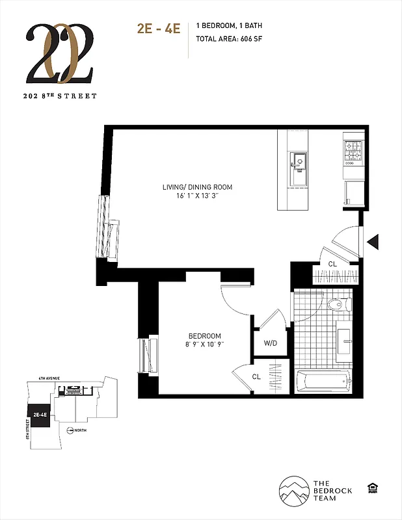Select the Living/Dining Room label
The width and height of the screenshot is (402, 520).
(x=197, y=187)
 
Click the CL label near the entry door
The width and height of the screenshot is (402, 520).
(x=332, y=264)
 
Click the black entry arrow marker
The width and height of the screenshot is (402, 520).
(x=373, y=242)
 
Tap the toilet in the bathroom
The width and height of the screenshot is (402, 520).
(x=338, y=304)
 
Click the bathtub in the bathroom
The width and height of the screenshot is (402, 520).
(x=323, y=381)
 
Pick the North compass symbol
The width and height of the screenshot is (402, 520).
(x=70, y=430)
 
